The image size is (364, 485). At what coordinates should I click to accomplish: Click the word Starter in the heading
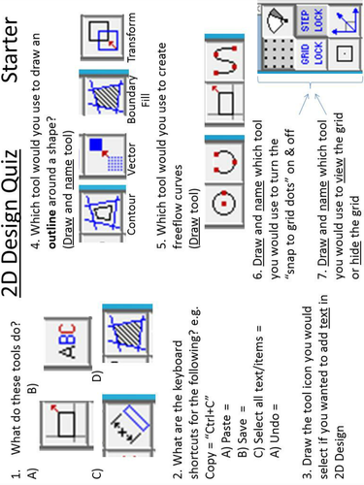point(11,49)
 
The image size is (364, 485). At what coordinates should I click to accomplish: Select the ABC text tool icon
point(67,342)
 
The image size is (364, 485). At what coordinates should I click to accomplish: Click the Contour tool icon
point(102,212)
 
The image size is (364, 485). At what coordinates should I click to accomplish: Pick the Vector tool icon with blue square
point(103,156)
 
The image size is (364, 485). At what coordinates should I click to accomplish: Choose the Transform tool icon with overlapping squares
point(102,37)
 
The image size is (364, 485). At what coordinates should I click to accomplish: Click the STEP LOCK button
point(312,20)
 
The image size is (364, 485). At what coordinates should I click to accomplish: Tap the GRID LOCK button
point(312,53)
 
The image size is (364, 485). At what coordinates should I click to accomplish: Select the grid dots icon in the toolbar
point(278,53)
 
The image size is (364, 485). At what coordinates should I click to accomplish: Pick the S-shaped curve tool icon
point(224,59)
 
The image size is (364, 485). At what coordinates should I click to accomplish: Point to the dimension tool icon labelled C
point(128,425)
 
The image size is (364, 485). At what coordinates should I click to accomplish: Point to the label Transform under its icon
point(132,37)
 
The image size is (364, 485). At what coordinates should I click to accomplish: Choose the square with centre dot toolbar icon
point(345,53)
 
